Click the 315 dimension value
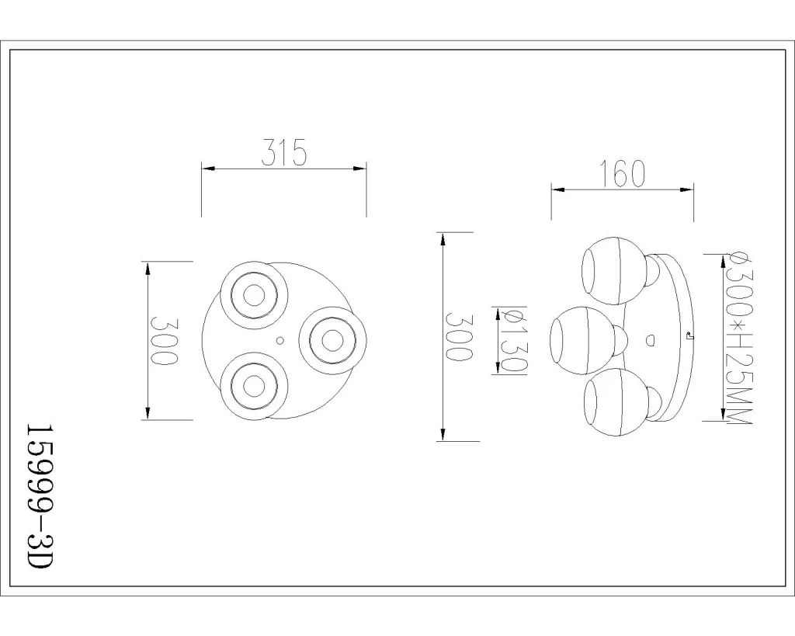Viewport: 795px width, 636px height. click(x=284, y=152)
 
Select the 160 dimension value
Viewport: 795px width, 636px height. click(x=623, y=173)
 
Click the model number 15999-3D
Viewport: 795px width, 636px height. click(x=39, y=496)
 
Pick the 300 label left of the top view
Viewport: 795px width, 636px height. click(x=165, y=340)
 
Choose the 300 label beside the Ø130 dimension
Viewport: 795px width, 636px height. click(x=459, y=336)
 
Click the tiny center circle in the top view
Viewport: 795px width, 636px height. click(x=279, y=341)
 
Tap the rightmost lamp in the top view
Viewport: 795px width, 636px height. click(x=332, y=340)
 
